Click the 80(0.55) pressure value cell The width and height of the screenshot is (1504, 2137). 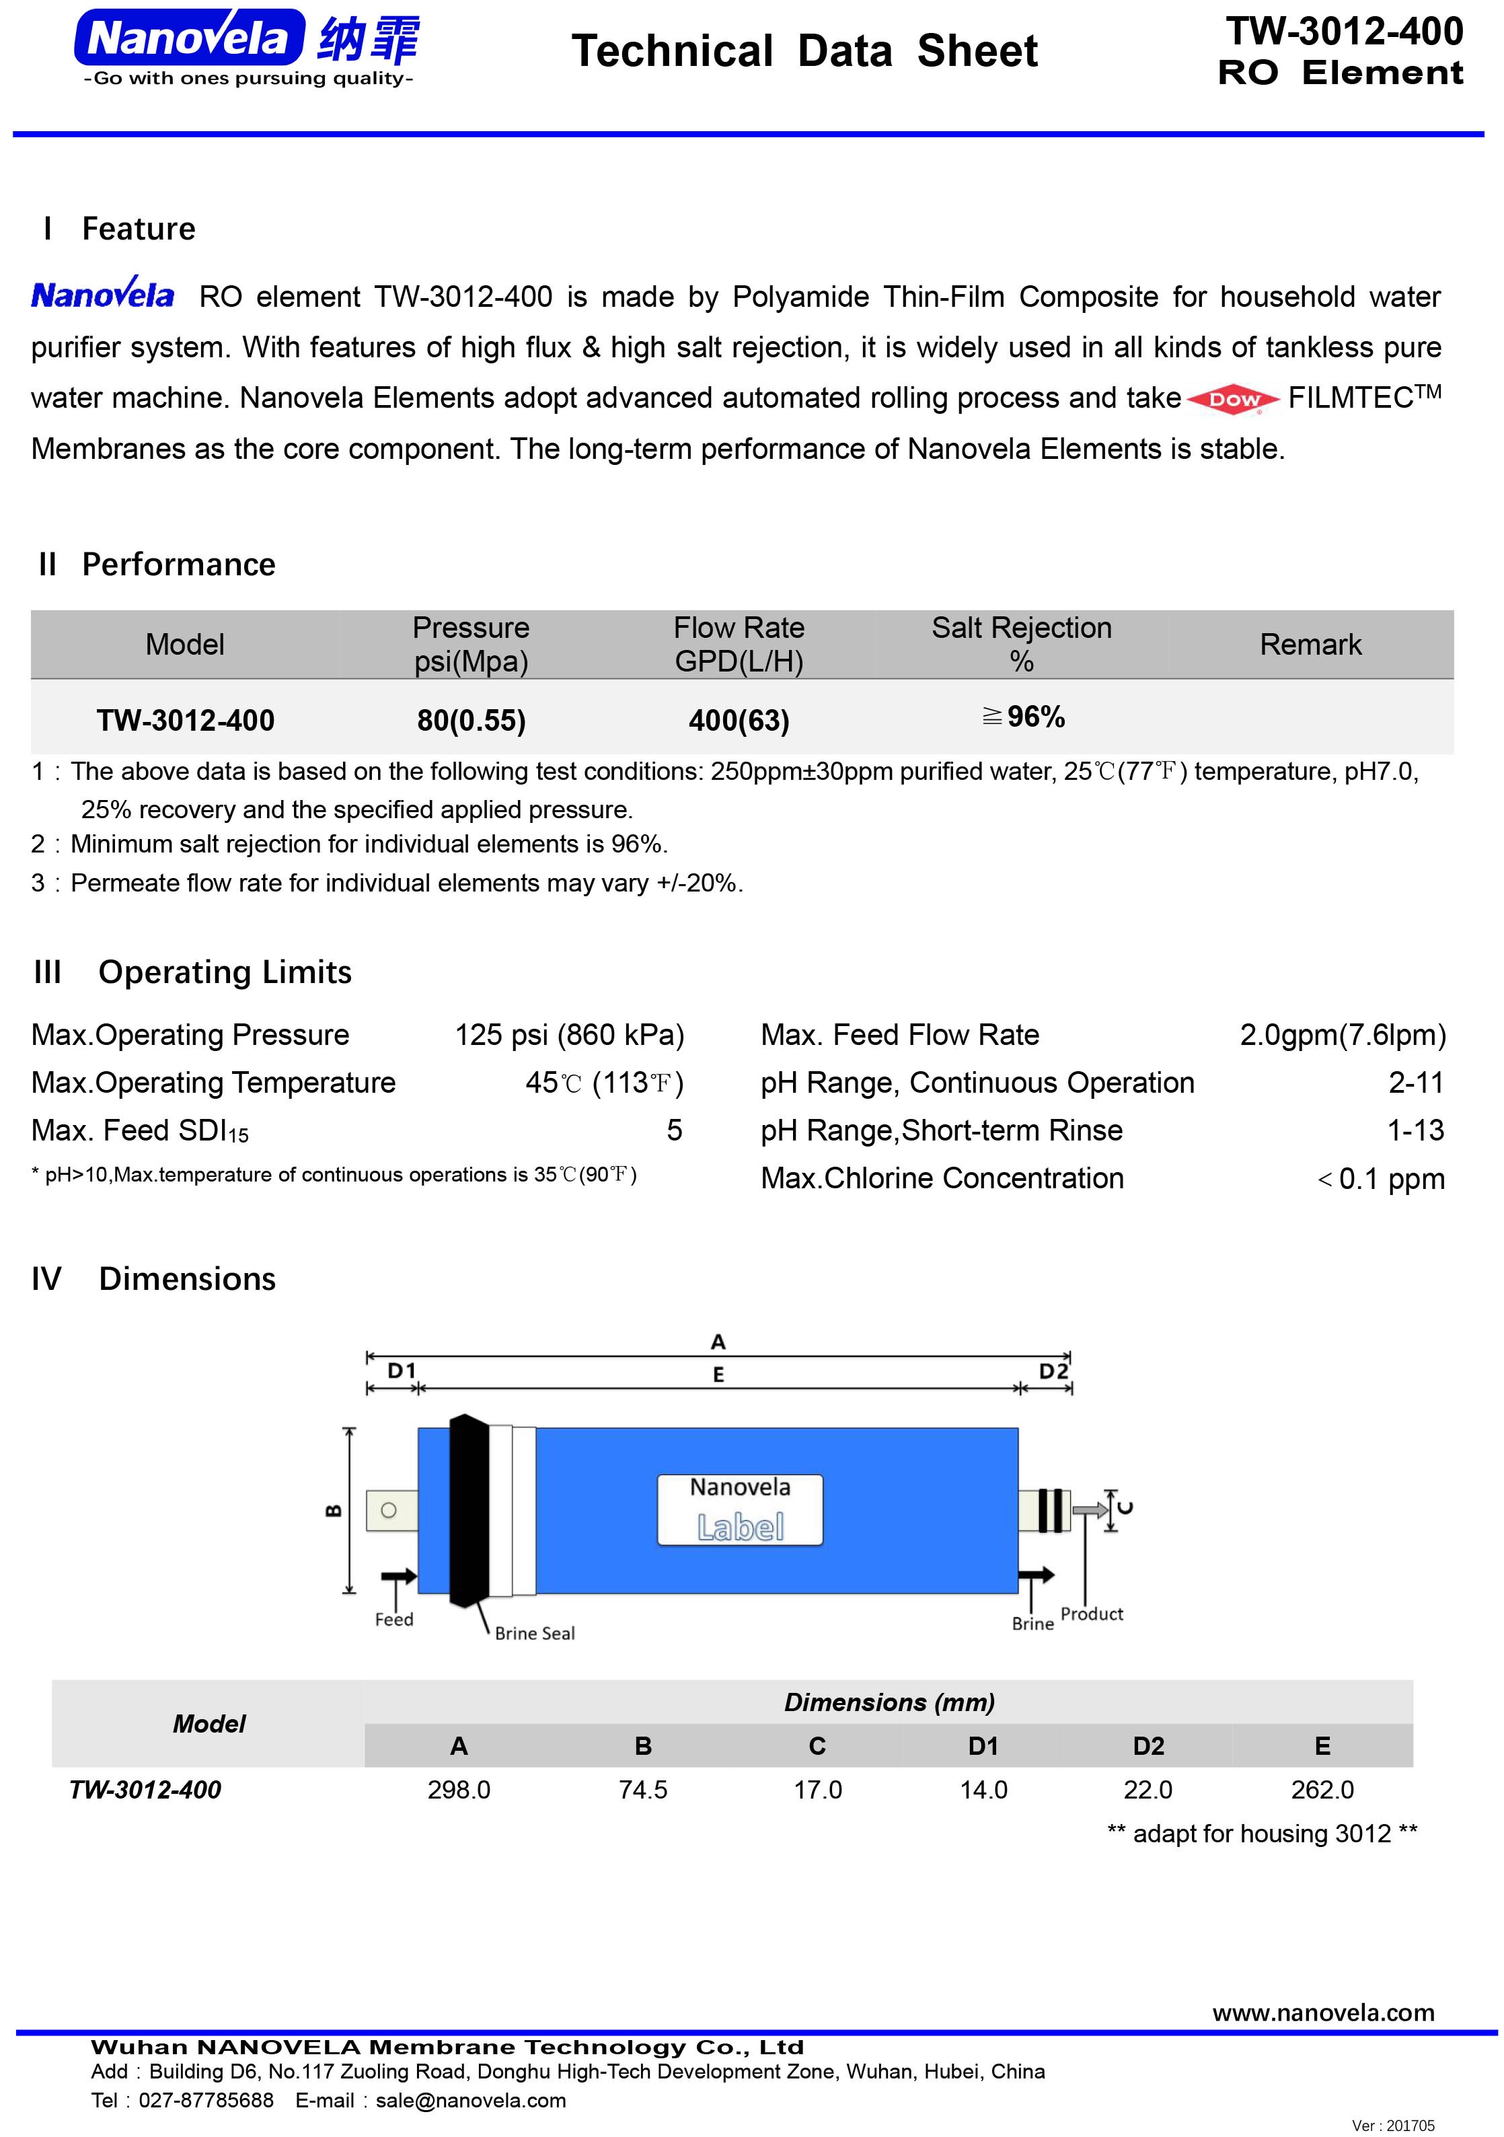[471, 721]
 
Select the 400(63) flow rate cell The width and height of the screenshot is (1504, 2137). [739, 721]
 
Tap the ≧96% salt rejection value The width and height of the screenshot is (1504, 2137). [1023, 717]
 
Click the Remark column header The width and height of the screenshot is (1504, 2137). [1310, 644]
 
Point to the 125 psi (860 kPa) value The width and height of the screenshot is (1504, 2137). [568, 1035]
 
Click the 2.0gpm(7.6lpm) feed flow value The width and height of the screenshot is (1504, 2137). [1342, 1035]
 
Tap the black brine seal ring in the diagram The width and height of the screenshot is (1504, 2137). [468, 1511]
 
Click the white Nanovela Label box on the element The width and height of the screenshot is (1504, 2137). [740, 1510]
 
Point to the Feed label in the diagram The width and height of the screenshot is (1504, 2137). [393, 1620]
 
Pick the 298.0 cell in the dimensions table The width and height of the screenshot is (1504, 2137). [459, 1790]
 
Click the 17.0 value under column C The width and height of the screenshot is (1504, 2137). [817, 1790]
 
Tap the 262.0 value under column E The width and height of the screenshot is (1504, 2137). [1322, 1790]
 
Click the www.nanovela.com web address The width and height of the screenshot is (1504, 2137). [1322, 2013]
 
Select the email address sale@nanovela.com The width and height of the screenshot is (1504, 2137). [471, 2101]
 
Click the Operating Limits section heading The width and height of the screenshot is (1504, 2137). [225, 972]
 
